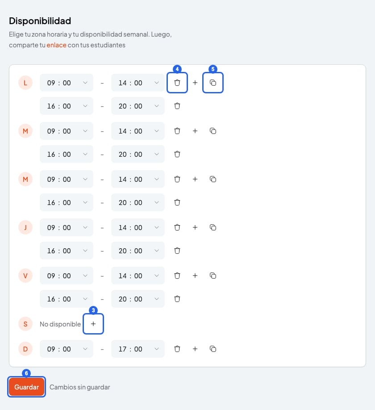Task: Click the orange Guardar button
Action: [26, 387]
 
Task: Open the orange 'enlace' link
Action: [56, 45]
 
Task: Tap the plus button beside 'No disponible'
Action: [93, 324]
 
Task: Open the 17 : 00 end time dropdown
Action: [138, 349]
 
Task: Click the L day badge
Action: [25, 83]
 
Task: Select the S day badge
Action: [25, 324]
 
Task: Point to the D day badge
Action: [25, 349]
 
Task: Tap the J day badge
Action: [25, 227]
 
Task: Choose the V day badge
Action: [25, 276]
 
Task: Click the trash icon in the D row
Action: [177, 349]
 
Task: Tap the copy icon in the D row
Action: [213, 349]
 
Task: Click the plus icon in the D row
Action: [195, 349]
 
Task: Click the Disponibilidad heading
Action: [40, 21]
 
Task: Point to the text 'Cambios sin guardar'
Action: [80, 387]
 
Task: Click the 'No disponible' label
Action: [60, 324]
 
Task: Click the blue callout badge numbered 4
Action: [177, 69]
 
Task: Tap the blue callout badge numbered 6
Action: [26, 373]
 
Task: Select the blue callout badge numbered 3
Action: [93, 310]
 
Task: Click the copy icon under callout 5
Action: [213, 83]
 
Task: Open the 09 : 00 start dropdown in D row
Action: [67, 349]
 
